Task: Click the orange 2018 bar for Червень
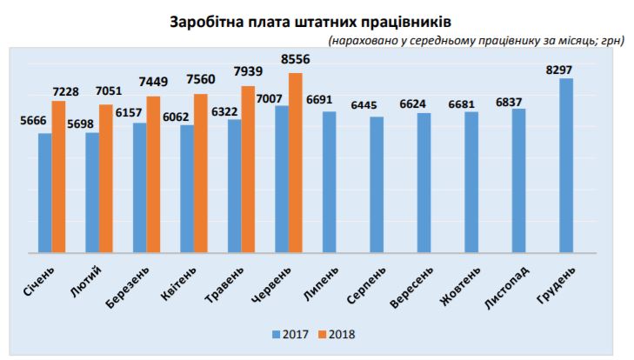click(296, 163)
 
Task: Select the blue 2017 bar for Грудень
click(566, 165)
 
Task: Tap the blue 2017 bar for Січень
click(45, 192)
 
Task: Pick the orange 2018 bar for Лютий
click(106, 178)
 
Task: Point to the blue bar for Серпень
click(377, 184)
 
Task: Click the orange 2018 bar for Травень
click(248, 169)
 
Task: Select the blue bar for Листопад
click(519, 180)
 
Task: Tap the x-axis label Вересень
click(411, 285)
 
